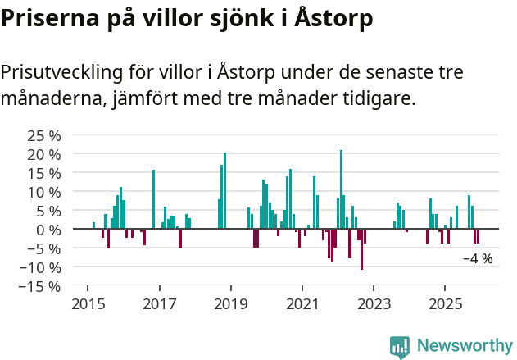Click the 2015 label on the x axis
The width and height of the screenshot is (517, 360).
click(x=88, y=305)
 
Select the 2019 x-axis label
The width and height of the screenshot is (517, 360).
click(x=231, y=305)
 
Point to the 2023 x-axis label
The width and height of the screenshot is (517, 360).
click(x=374, y=305)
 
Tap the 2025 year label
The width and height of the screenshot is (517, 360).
click(x=445, y=305)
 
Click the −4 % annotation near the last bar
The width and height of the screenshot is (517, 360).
click(x=478, y=259)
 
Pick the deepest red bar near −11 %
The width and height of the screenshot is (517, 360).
click(x=361, y=249)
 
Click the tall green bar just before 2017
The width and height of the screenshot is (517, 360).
click(x=153, y=199)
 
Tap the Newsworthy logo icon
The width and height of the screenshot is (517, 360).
click(x=400, y=347)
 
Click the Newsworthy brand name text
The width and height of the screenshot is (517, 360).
click(x=464, y=346)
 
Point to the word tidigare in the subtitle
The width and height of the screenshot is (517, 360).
click(x=378, y=99)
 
